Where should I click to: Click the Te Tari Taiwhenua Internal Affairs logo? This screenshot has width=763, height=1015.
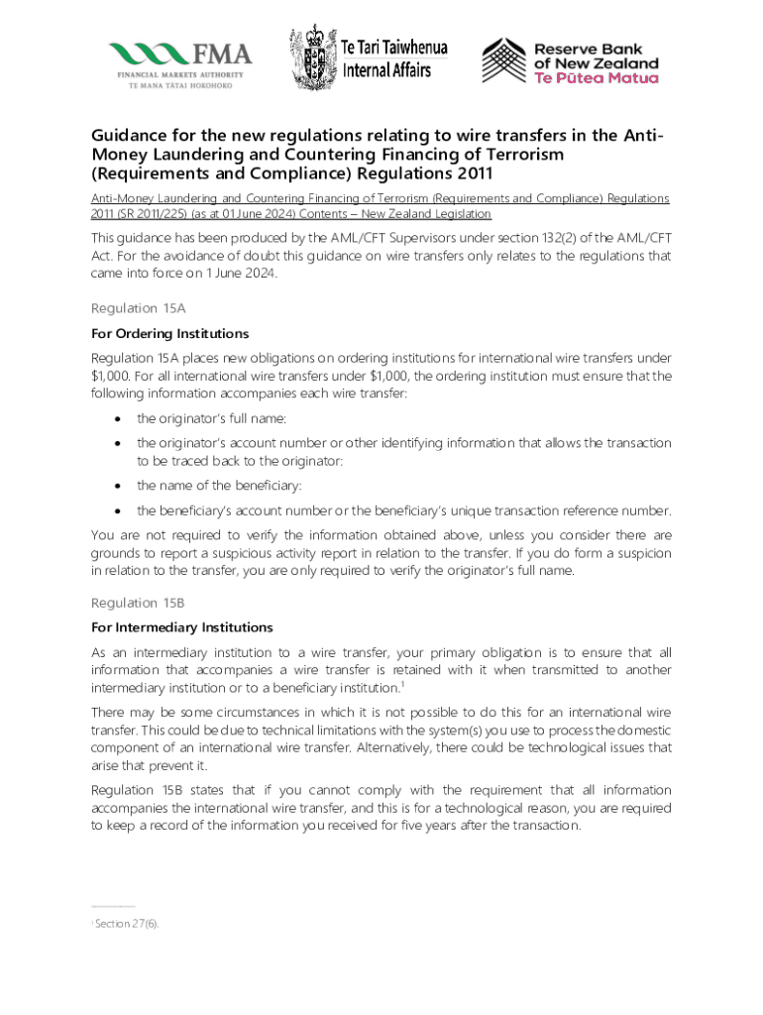click(369, 57)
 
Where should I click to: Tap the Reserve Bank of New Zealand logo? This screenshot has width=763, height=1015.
click(570, 61)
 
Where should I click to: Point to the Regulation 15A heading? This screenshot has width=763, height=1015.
click(138, 308)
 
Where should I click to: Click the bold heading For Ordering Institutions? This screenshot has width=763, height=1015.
click(169, 333)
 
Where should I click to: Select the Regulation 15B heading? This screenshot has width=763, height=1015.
click(138, 603)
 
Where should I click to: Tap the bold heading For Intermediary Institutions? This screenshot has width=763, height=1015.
click(181, 627)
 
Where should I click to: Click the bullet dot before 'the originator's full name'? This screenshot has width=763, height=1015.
click(116, 418)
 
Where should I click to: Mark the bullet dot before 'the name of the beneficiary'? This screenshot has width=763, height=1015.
click(116, 486)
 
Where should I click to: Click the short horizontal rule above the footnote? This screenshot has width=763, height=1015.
click(112, 906)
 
